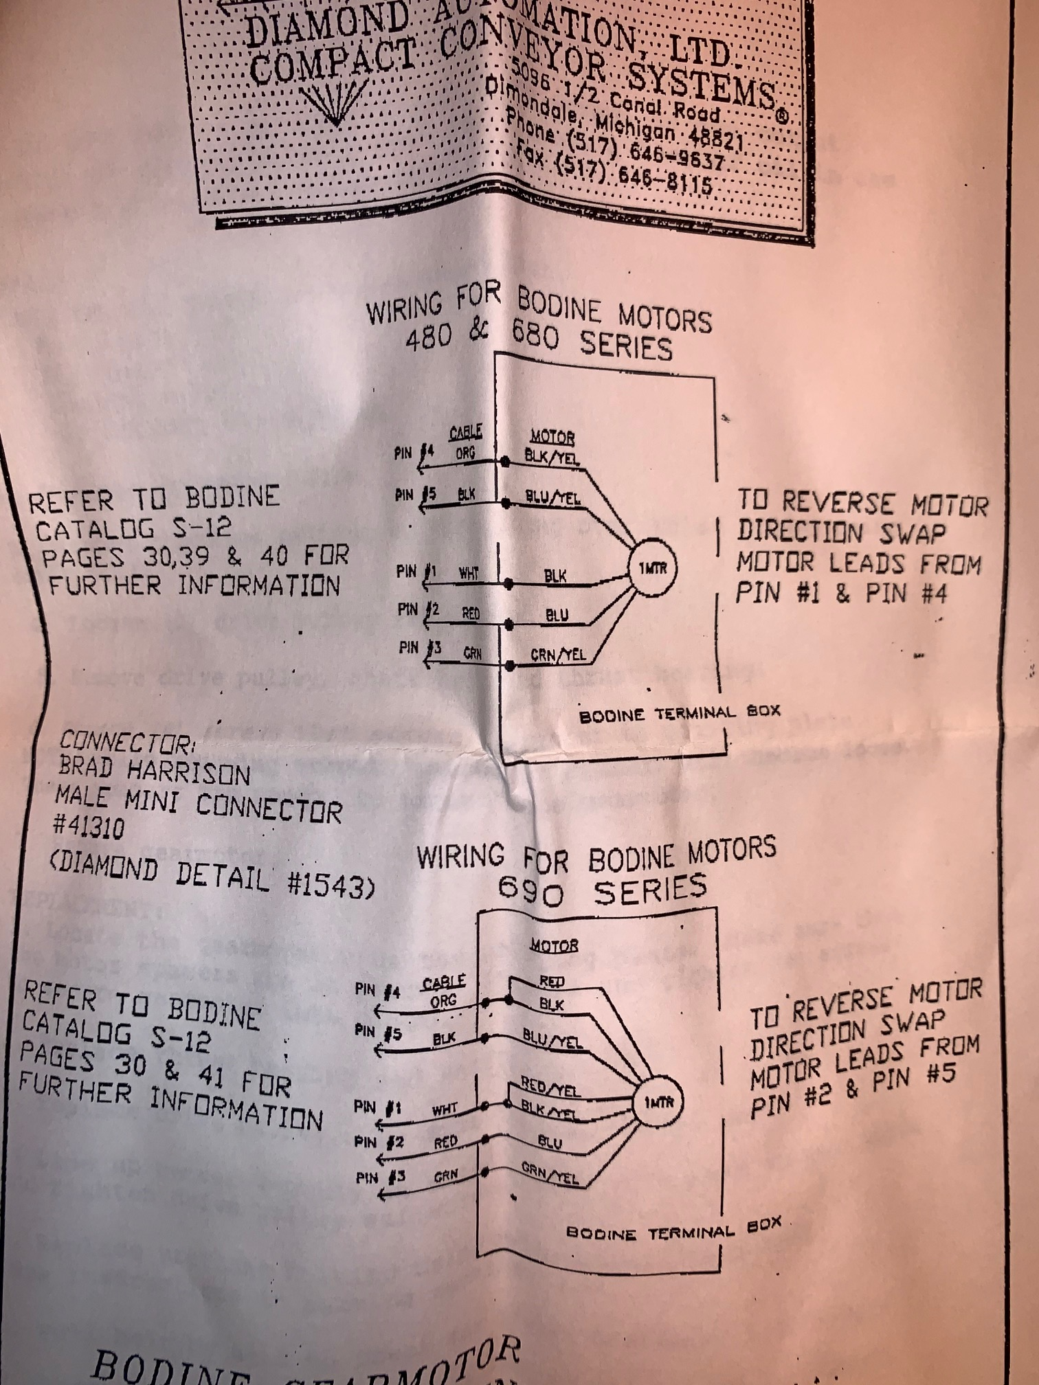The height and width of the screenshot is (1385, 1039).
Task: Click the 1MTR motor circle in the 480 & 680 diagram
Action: (653, 567)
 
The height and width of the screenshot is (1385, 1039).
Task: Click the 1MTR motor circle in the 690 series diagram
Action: (653, 1102)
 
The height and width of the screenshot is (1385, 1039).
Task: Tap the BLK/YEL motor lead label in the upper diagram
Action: (552, 455)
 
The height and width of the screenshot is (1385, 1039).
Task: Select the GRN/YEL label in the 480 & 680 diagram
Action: (558, 655)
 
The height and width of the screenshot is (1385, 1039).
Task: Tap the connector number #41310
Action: (89, 827)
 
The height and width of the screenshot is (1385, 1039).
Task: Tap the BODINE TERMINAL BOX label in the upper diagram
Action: (680, 714)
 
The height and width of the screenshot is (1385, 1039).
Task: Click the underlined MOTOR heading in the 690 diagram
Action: (553, 947)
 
